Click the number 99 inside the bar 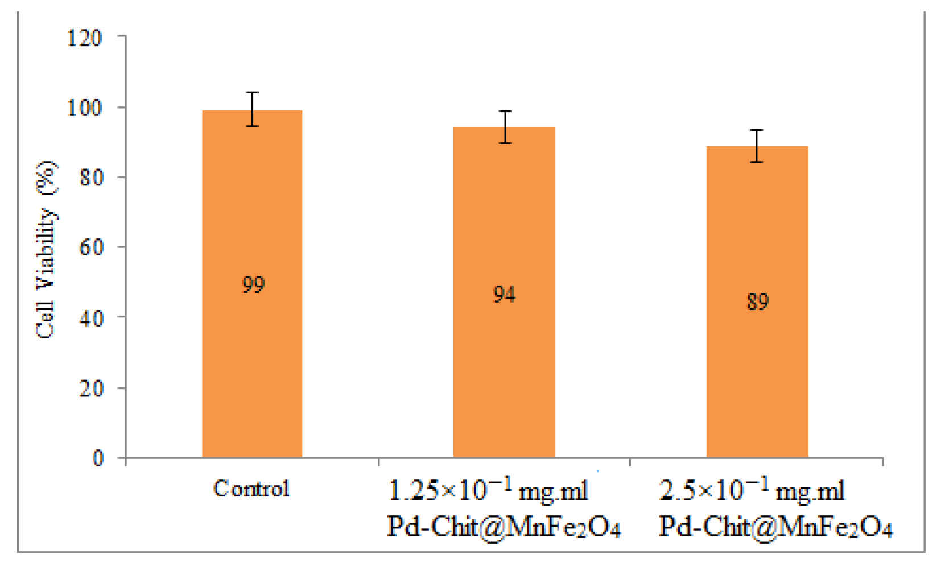click(x=253, y=284)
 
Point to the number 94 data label click(x=504, y=294)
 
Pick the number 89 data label click(x=757, y=301)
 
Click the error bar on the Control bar click(x=252, y=109)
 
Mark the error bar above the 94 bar click(x=505, y=127)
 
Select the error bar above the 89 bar click(x=756, y=146)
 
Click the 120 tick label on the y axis click(x=85, y=38)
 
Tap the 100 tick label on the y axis click(x=85, y=107)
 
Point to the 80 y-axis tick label click(x=91, y=177)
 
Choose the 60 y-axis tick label click(x=91, y=247)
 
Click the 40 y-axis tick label click(x=91, y=317)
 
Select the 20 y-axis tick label click(x=91, y=388)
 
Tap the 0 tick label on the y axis click(x=98, y=458)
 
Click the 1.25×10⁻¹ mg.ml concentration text click(x=488, y=490)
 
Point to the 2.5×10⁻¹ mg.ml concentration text click(x=752, y=490)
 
